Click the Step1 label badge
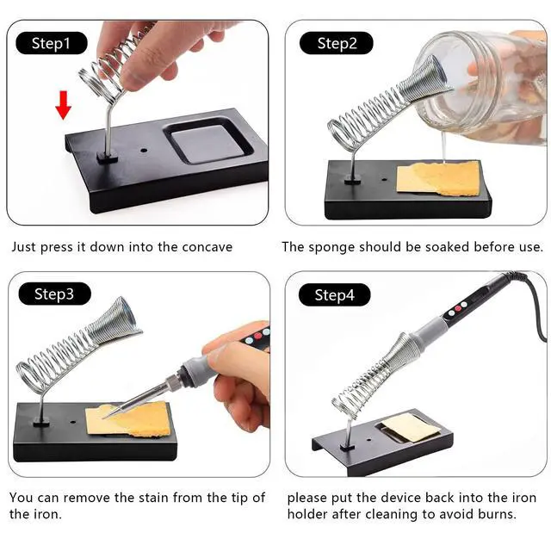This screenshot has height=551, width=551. pyautogui.click(x=52, y=43)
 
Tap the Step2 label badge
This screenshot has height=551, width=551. pyautogui.click(x=337, y=43)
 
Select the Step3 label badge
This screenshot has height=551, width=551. pyautogui.click(x=54, y=294)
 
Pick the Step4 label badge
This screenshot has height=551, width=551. pyautogui.click(x=334, y=294)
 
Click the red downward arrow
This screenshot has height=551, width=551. pyautogui.click(x=63, y=105)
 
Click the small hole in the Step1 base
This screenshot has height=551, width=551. pyautogui.click(x=144, y=151)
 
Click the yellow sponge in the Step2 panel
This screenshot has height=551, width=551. pyautogui.click(x=438, y=178)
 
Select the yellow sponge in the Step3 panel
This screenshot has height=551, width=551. pyautogui.click(x=131, y=419)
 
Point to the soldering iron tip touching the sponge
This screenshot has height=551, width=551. pyautogui.click(x=105, y=418)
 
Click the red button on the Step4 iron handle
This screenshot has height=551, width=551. pyautogui.click(x=458, y=308)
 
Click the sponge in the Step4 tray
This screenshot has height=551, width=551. pyautogui.click(x=411, y=428)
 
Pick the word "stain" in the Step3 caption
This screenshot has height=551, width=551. pyautogui.click(x=153, y=498)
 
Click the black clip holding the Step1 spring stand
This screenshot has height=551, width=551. pyautogui.click(x=107, y=157)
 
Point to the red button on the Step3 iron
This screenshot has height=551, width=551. pyautogui.click(x=258, y=336)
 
